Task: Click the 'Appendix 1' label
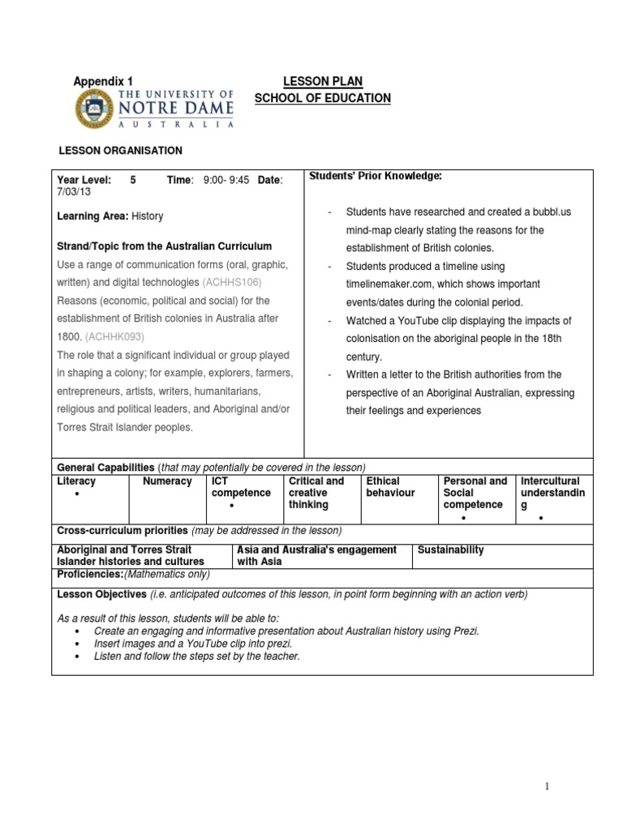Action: [x=103, y=81]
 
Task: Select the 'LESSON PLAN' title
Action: [x=322, y=81]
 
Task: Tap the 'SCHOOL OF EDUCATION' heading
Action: [x=322, y=98]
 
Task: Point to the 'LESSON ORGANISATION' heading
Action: [x=119, y=151]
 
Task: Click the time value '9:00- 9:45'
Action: [x=226, y=180]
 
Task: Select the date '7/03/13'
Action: [x=73, y=192]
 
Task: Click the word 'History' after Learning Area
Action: [x=147, y=216]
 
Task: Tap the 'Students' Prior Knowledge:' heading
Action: [x=376, y=176]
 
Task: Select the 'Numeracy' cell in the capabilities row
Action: [x=167, y=481]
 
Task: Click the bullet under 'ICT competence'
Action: [x=232, y=506]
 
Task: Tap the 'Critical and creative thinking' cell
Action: [x=316, y=493]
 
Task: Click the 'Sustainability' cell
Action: [x=450, y=550]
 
